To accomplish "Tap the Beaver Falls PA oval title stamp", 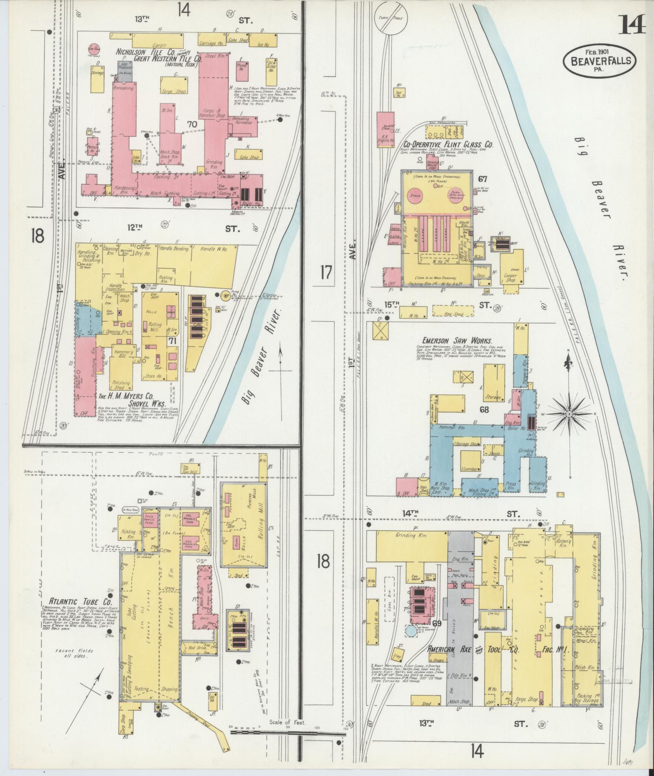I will (599, 60).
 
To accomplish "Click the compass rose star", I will (568, 413).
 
